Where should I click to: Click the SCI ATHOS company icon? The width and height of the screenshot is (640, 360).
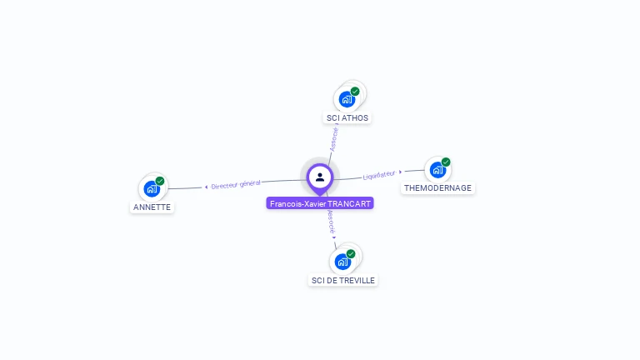click(347, 99)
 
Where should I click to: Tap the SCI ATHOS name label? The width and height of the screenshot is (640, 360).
click(347, 118)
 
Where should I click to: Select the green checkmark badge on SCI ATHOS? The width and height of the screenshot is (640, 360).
click(355, 92)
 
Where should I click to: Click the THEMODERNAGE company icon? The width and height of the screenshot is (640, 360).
click(437, 170)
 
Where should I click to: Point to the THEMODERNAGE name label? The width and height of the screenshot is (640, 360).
click(437, 188)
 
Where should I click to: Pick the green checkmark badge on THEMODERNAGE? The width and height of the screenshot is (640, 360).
click(446, 162)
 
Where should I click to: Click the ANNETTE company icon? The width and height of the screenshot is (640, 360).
click(152, 188)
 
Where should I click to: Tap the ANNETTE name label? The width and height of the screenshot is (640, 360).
click(152, 207)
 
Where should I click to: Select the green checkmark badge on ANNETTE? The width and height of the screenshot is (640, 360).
click(160, 181)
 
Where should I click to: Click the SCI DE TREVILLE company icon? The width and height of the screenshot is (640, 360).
click(342, 262)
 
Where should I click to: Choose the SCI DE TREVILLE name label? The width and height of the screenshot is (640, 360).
click(343, 280)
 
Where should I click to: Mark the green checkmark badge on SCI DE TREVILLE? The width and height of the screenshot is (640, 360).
click(351, 254)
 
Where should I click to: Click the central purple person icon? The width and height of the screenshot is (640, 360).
click(320, 177)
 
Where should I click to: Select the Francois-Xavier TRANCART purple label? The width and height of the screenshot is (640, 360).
click(320, 203)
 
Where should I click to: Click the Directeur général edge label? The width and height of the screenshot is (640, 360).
click(236, 184)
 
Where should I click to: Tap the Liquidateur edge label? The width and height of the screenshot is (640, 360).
click(378, 175)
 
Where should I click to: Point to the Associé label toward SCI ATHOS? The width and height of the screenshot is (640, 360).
click(334, 137)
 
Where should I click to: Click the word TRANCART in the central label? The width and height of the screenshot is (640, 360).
click(349, 203)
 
